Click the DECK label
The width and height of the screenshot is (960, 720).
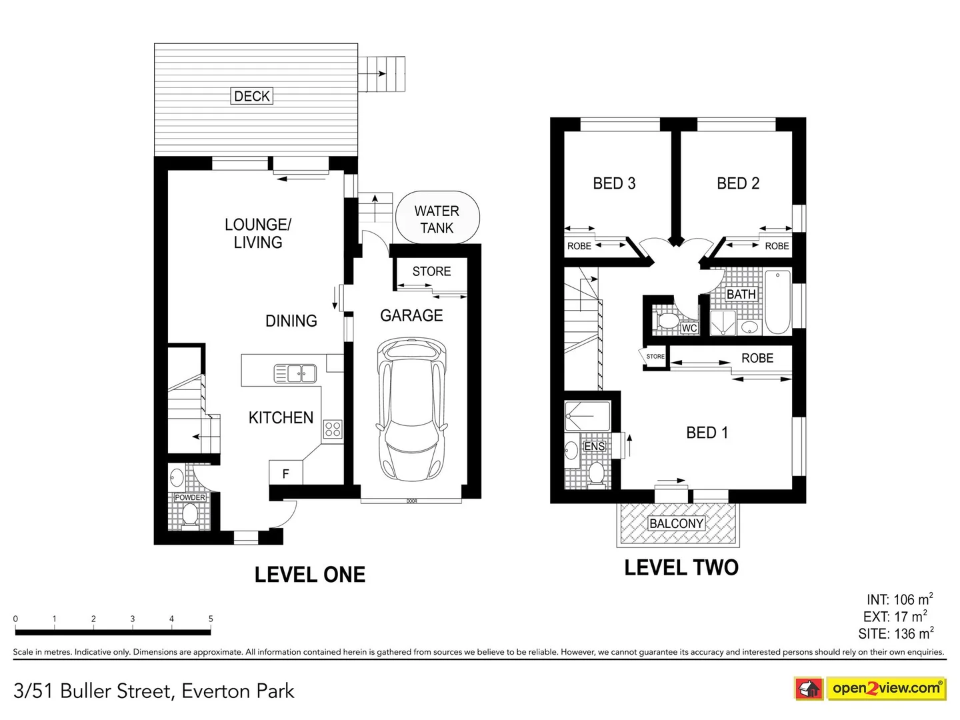click(x=252, y=96)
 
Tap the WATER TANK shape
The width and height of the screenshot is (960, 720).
click(x=437, y=219)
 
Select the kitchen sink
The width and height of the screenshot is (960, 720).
click(x=295, y=373)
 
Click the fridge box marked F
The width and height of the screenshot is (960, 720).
click(x=285, y=473)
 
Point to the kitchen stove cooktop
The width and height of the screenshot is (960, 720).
click(x=332, y=429)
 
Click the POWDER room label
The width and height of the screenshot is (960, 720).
click(x=190, y=497)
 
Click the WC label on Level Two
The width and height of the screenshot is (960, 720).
click(x=689, y=328)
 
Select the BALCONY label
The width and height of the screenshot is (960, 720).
click(x=676, y=523)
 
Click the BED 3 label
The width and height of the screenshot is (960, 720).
click(x=614, y=183)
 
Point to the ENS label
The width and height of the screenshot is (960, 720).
click(x=594, y=446)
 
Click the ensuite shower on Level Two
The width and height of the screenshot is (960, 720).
click(x=587, y=415)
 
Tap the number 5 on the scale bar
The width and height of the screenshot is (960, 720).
click(x=211, y=619)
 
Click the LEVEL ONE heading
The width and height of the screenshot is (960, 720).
click(x=310, y=575)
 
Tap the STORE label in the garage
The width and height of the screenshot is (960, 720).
click(x=431, y=271)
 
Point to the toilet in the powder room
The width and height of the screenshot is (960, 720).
click(x=190, y=515)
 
